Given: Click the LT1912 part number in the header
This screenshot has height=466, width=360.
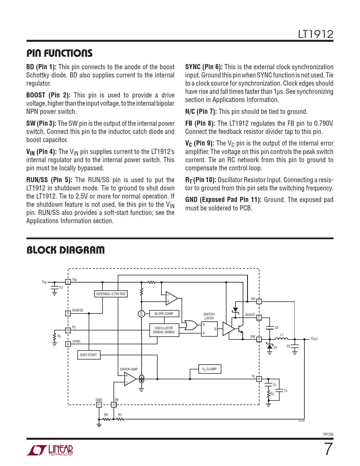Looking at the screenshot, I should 315,34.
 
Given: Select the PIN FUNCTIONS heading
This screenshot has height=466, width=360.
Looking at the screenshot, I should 60,53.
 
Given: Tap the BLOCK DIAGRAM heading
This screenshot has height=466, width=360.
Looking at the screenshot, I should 66,250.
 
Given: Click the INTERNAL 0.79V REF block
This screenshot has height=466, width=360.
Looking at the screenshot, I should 111,294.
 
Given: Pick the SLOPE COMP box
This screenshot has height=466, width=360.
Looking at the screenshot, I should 164,314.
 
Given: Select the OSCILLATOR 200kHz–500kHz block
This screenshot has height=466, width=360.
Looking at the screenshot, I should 164,330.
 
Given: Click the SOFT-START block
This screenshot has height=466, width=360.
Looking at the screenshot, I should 88,355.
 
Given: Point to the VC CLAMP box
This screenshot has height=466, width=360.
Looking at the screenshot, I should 209,369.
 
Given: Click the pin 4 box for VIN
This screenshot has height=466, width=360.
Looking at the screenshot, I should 68,282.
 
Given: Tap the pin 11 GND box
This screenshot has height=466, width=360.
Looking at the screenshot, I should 99,405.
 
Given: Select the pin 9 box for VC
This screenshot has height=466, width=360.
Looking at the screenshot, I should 259,379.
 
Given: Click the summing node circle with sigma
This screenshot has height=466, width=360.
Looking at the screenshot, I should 141,314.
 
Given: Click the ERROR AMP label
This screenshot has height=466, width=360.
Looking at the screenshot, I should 129,369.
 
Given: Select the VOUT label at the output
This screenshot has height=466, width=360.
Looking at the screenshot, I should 314,339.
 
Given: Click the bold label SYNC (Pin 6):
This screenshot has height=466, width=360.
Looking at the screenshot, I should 204,67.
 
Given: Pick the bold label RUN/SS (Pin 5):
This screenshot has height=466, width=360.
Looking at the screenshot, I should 49,180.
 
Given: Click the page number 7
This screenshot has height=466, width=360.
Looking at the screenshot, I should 328,449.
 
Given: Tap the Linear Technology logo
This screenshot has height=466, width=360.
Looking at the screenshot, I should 50,450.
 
